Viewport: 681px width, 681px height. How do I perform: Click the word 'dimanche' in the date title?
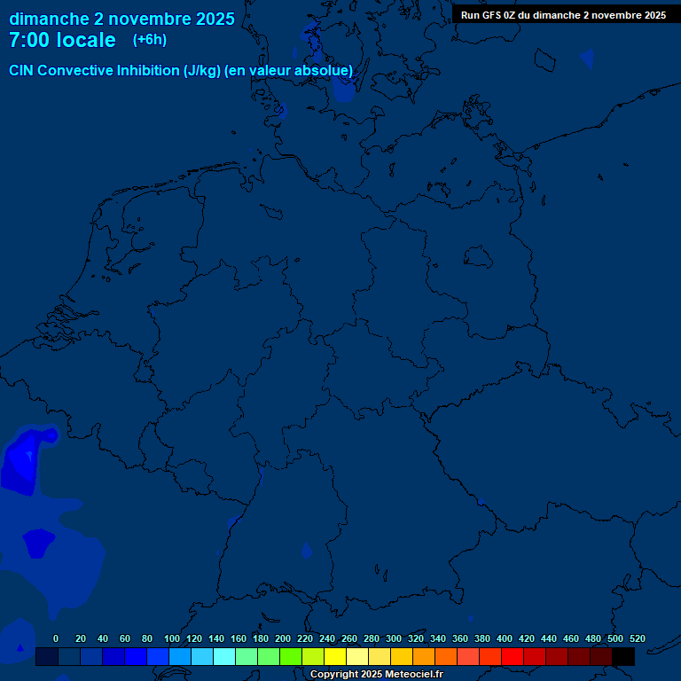(x=48, y=18)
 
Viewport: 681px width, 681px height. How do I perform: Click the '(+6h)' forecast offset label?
(x=149, y=40)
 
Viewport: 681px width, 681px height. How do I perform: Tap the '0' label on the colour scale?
(x=56, y=638)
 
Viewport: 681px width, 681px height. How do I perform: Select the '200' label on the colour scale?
(x=283, y=638)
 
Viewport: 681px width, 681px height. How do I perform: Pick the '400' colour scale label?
(x=505, y=638)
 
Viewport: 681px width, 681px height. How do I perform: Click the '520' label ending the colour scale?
(x=637, y=638)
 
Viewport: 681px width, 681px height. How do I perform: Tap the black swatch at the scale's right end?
(x=623, y=656)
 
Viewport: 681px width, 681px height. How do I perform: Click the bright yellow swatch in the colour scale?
(x=335, y=656)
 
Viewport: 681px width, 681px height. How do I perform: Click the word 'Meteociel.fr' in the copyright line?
(x=414, y=675)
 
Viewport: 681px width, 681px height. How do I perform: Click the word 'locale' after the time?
(x=85, y=40)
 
